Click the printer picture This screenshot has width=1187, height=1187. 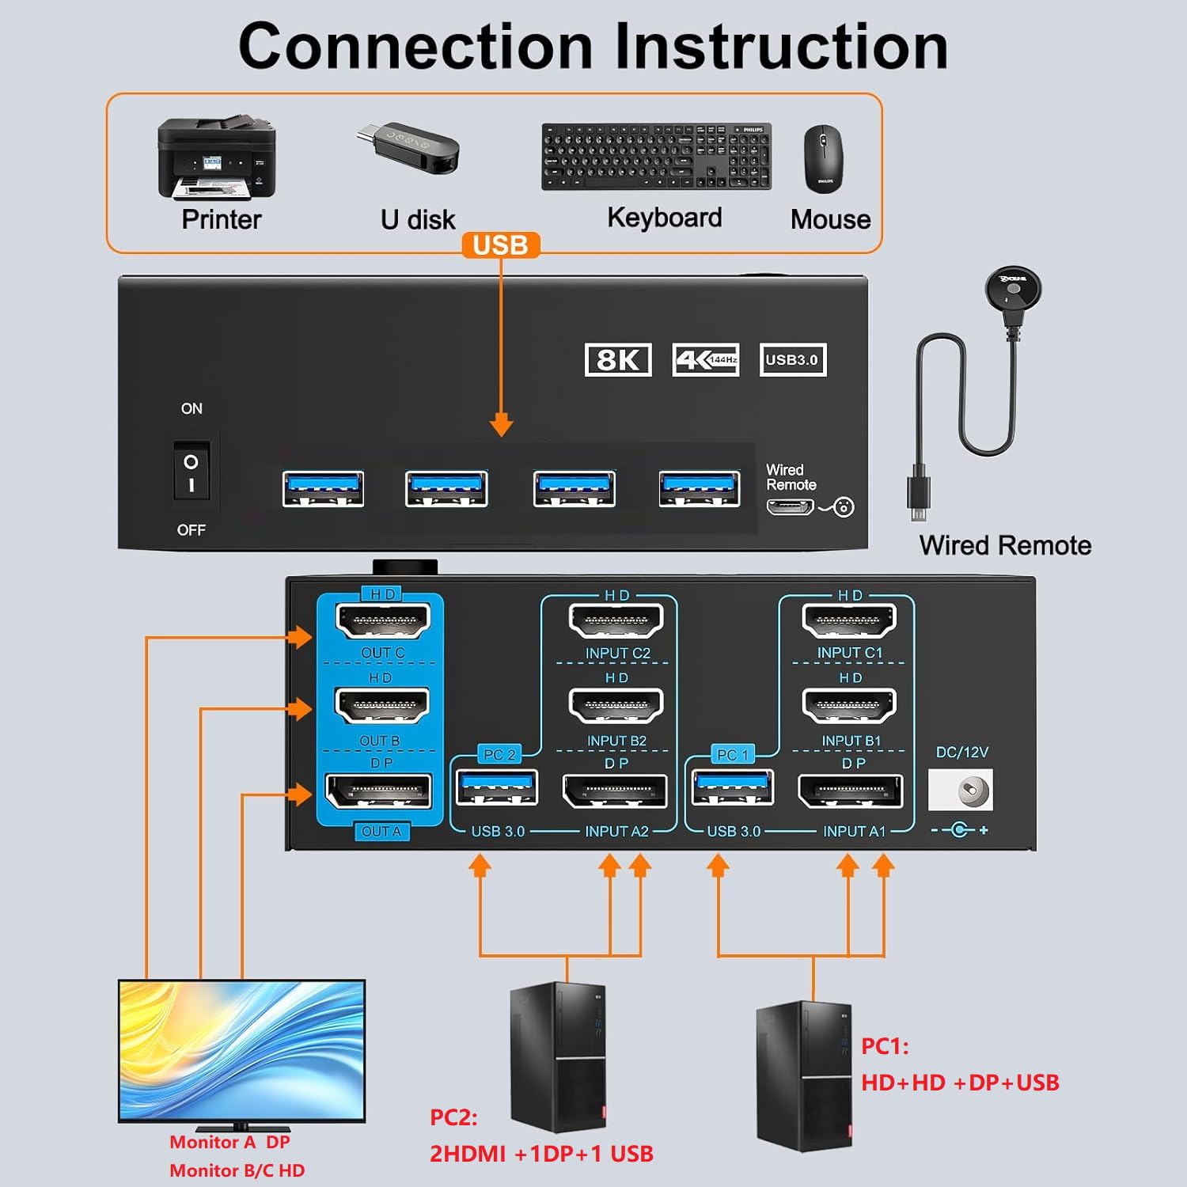217,158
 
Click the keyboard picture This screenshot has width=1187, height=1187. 656,156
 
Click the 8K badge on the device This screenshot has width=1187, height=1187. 618,360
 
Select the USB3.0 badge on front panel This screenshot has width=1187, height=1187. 792,360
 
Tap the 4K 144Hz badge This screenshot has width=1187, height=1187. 705,360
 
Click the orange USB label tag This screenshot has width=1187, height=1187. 500,245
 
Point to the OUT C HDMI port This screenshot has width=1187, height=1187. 383,620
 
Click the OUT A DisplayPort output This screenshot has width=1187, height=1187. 379,791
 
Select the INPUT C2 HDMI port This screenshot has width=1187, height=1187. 616,620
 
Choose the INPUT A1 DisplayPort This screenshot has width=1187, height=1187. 851,791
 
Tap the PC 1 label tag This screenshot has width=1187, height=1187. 732,755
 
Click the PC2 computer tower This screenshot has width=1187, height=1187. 558,1056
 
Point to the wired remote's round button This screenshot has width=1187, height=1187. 1013,291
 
